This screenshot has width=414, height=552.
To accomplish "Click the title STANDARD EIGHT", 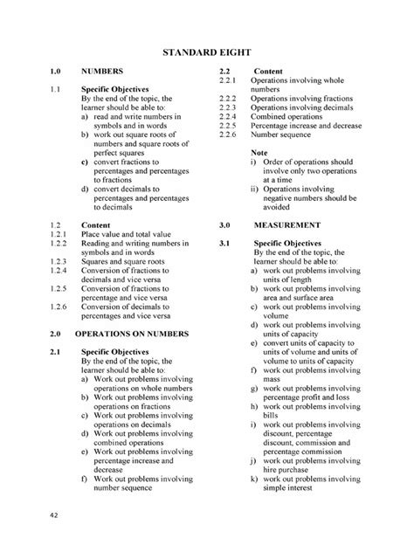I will click(207, 54).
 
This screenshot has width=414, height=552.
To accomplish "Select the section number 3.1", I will click(224, 242).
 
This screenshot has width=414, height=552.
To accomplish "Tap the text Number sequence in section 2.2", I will click(286, 135).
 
